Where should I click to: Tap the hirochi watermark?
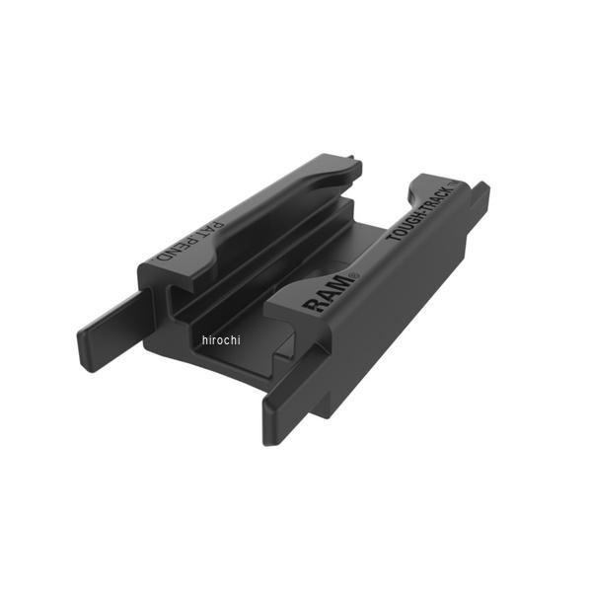(x=220, y=339)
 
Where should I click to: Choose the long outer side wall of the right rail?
(x=395, y=316)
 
